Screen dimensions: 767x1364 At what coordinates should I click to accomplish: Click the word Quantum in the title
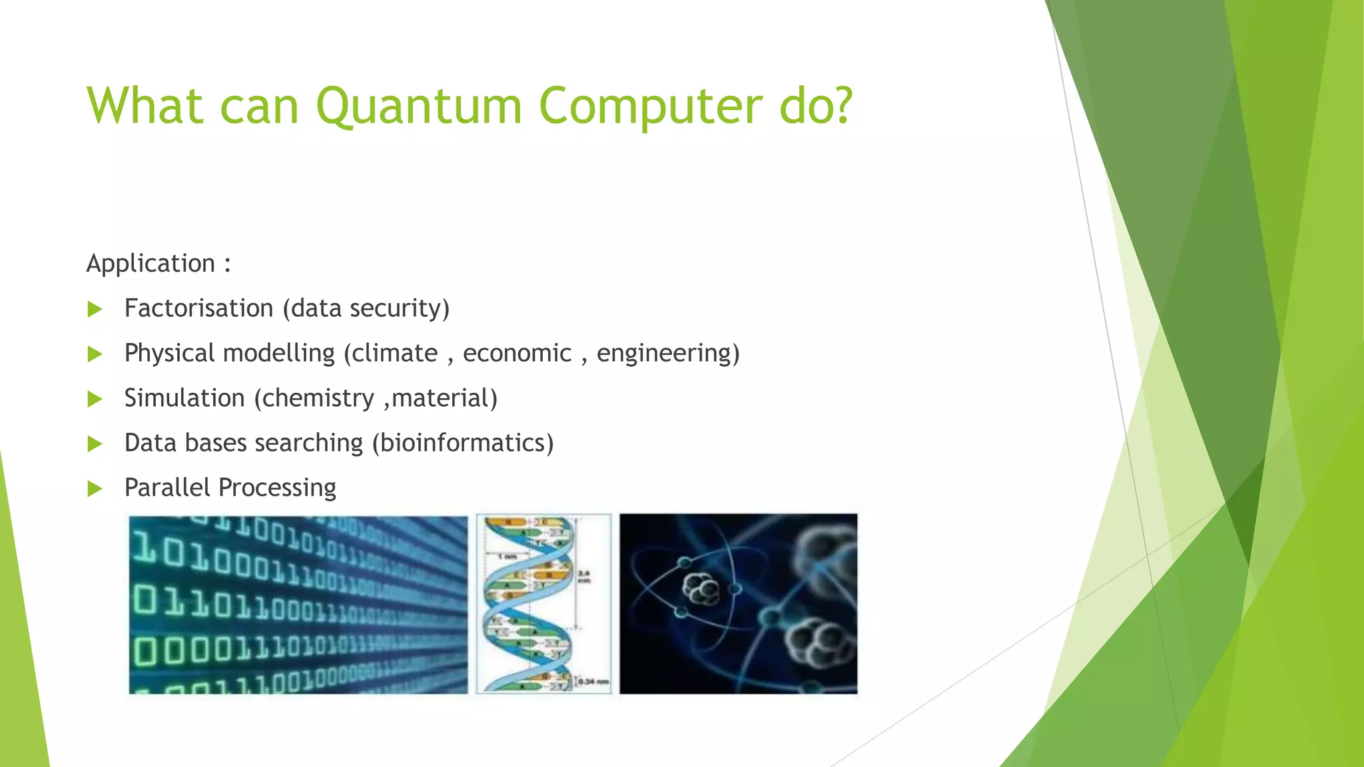click(418, 107)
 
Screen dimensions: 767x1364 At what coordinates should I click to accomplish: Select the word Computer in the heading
click(651, 107)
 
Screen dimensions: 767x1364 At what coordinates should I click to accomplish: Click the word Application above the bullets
click(151, 264)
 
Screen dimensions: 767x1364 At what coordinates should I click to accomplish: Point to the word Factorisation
click(198, 308)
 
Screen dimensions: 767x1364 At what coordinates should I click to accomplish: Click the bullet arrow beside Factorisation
click(95, 309)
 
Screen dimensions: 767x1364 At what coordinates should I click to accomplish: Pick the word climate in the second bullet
click(394, 353)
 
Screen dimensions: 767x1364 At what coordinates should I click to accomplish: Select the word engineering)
click(668, 353)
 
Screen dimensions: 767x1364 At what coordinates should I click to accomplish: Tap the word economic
click(517, 353)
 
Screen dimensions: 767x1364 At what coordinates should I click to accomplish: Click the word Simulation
click(184, 398)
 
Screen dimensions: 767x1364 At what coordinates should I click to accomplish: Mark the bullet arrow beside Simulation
click(95, 399)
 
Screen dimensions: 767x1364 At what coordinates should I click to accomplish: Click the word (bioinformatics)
click(463, 443)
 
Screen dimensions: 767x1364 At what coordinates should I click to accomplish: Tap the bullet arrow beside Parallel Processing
click(95, 489)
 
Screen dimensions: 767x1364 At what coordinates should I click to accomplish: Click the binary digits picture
click(298, 605)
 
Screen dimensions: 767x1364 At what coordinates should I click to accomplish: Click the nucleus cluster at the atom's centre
click(701, 589)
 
